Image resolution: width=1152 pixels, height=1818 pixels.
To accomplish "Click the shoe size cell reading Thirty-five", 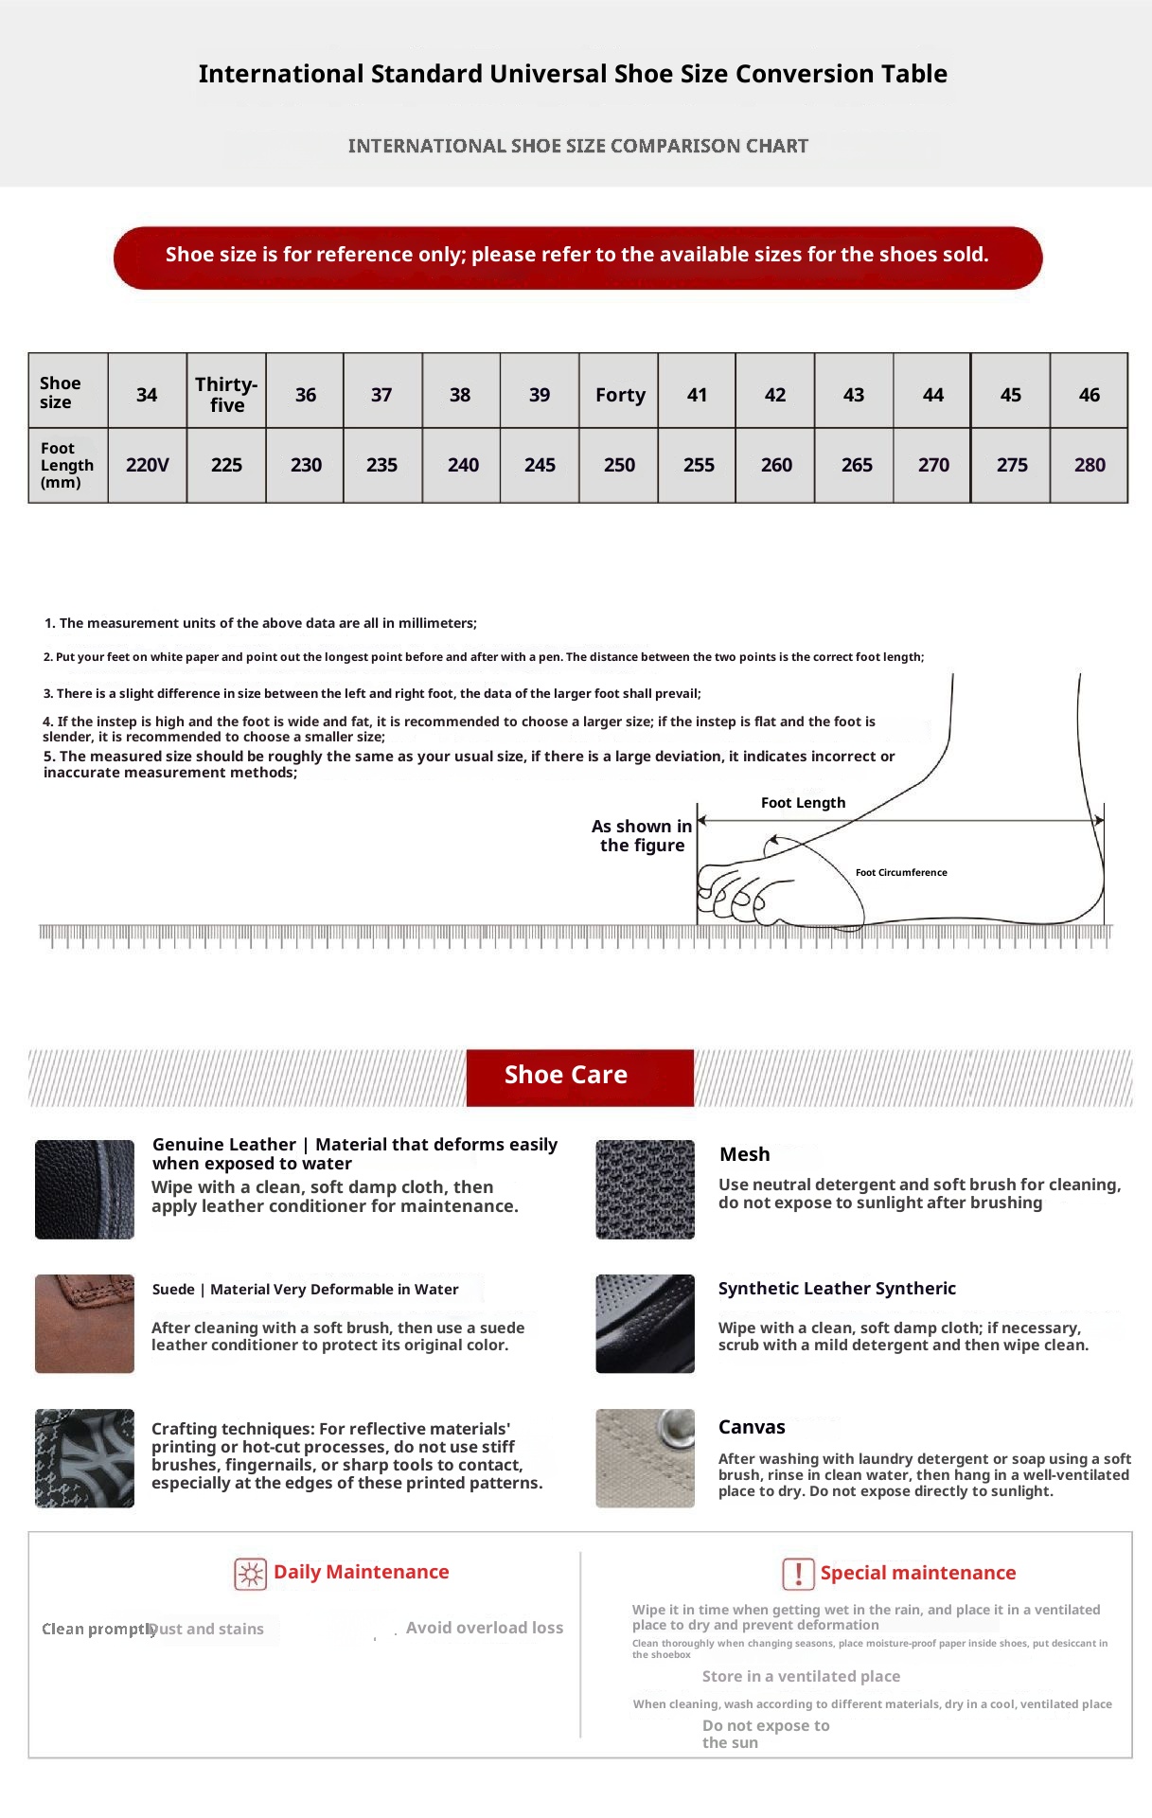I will pos(226,394).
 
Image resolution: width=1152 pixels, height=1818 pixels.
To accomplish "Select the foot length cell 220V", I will pos(147,465).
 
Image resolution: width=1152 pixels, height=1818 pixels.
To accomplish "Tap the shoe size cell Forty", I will pos(620,395).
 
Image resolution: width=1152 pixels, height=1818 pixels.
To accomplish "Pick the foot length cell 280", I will pos(1090,465).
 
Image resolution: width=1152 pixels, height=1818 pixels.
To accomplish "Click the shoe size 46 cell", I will pos(1090,395).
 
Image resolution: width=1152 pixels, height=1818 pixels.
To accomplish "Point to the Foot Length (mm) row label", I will pos(66,465).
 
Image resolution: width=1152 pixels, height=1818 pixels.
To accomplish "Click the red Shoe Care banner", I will pos(579,1077).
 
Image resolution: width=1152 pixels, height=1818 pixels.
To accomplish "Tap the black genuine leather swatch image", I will pos(84,1189).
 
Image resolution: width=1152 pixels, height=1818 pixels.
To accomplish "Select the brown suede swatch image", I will pos(84,1324).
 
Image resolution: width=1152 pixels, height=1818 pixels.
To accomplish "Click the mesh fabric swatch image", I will pos(645,1189).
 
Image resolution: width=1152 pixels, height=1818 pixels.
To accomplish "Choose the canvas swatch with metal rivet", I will pos(645,1458).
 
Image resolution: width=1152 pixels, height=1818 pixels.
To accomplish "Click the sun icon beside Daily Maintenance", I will pos(250,1574).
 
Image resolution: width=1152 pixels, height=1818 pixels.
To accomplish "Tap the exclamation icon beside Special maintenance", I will pos(798,1574).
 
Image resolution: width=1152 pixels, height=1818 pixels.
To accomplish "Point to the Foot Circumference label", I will pos(901,873).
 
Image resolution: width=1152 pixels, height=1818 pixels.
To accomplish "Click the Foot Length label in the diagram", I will pos(803,803).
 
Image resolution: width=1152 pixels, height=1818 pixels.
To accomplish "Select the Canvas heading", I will pos(752,1427).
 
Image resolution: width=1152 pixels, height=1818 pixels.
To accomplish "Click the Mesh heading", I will pos(744,1154).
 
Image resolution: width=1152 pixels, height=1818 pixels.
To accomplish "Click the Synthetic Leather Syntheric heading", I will pos(837,1289).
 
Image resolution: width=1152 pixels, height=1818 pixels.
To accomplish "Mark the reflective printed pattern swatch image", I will pos(84,1458).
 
